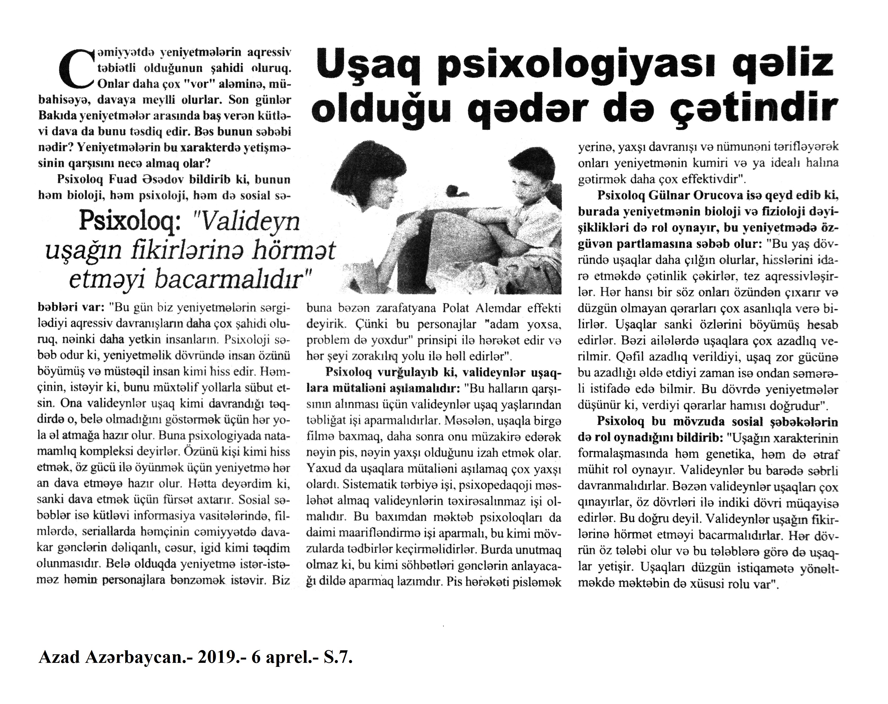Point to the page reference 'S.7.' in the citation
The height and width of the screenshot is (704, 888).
pos(338,658)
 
